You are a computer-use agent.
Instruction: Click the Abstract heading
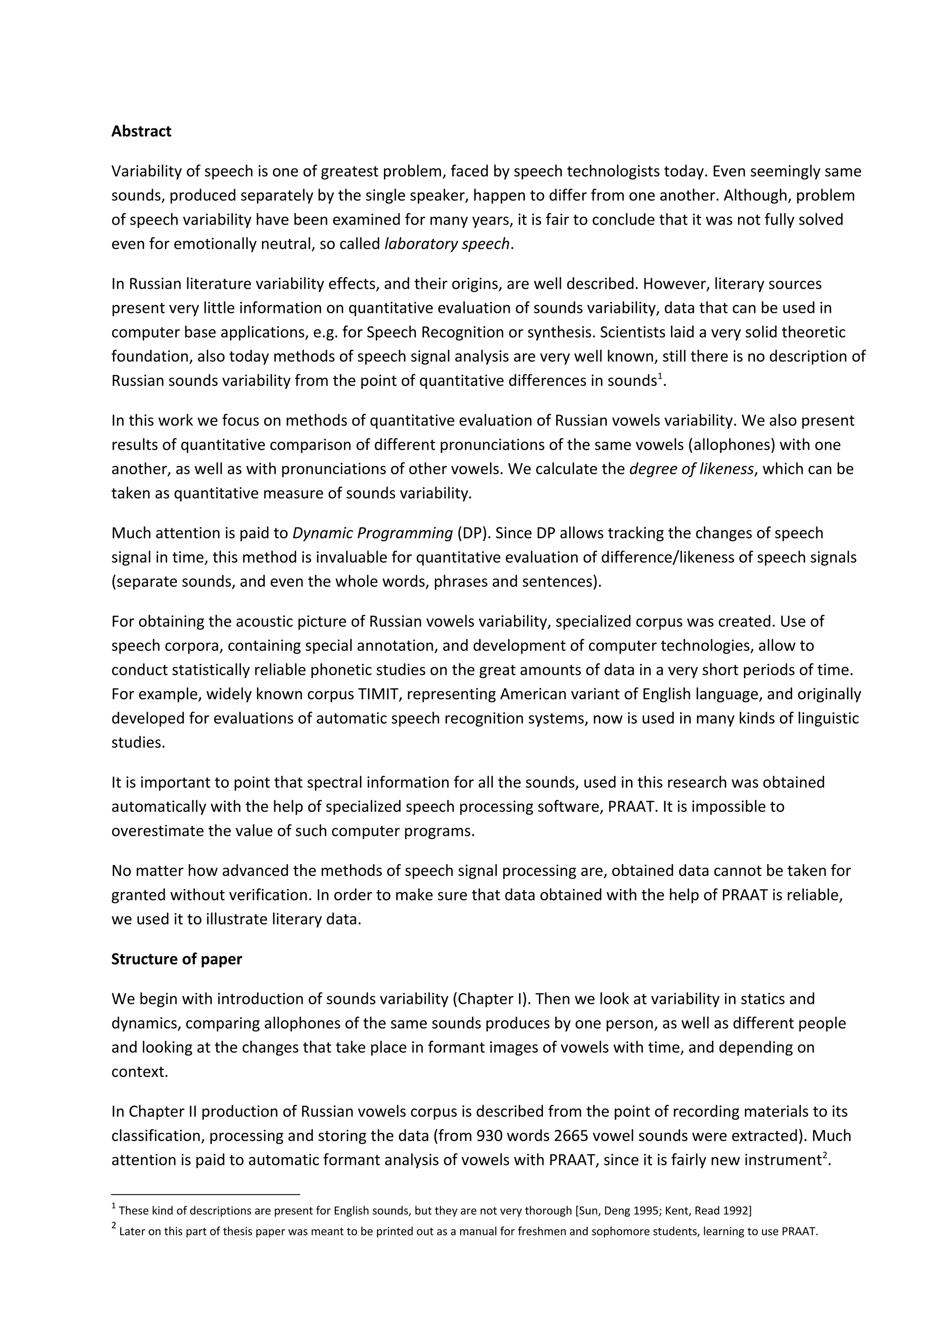pyautogui.click(x=141, y=132)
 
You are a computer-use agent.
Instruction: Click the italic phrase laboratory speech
pyautogui.click(x=446, y=244)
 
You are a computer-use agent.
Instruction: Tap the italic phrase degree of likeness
pyautogui.click(x=691, y=469)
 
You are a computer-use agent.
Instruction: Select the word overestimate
pyautogui.click(x=151, y=831)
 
